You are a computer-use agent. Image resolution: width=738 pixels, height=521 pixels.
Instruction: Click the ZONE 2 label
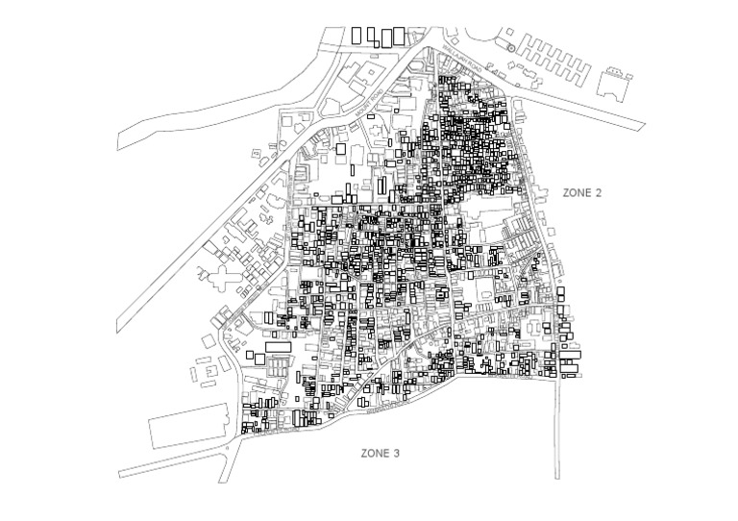(x=581, y=193)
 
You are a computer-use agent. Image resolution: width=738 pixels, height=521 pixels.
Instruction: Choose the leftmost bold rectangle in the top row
(x=357, y=35)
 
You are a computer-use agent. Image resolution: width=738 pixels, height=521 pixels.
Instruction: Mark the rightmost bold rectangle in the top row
(x=399, y=35)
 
